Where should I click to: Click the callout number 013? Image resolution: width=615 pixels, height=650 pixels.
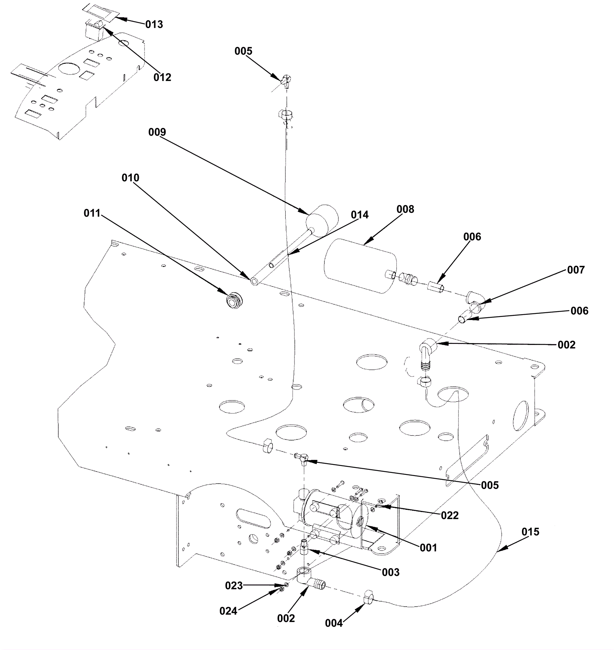[154, 25]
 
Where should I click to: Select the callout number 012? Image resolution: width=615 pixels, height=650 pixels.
[162, 78]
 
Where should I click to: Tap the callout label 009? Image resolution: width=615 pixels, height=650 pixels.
[157, 132]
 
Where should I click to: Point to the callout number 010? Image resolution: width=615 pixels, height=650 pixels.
[130, 178]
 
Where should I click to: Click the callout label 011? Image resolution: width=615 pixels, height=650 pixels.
[92, 213]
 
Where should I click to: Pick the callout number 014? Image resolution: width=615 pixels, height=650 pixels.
[360, 215]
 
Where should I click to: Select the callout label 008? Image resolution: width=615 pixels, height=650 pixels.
[406, 209]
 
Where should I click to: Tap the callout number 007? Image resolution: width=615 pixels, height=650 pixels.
[576, 270]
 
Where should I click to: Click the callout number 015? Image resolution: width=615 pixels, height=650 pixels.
[530, 532]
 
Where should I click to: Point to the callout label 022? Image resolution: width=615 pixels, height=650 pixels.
[450, 516]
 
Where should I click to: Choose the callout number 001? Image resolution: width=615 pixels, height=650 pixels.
[428, 548]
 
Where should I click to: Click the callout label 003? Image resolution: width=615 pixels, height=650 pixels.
[391, 572]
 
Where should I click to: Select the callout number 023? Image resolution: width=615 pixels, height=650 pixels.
[234, 586]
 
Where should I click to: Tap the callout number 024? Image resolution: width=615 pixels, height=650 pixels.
[228, 611]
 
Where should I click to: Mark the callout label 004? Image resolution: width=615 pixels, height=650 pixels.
[334, 623]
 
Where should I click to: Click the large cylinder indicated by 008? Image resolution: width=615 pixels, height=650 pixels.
[361, 266]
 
